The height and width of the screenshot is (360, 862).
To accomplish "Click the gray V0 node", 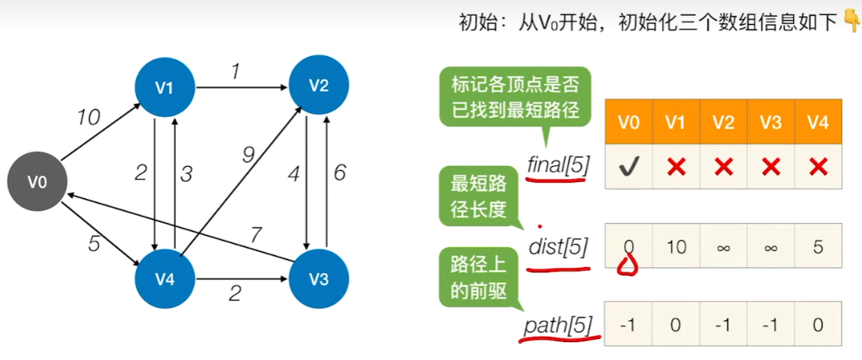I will (37, 182).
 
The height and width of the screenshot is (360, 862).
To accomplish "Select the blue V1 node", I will (165, 87).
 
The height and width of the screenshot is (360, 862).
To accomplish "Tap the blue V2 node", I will (319, 85).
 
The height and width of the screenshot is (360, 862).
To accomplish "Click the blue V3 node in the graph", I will (319, 279).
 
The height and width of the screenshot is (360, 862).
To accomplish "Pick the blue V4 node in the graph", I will (165, 279).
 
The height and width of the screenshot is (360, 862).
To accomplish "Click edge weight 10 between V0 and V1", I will (88, 117).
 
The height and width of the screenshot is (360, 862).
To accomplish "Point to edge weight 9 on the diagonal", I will (248, 154).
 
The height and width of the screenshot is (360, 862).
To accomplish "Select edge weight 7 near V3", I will (255, 236).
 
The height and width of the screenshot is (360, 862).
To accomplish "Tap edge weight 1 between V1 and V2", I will (235, 72).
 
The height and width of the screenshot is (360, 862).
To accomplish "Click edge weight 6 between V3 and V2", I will (340, 173).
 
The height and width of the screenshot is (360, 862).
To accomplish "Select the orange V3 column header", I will (771, 121).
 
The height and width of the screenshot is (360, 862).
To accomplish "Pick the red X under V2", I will (723, 167).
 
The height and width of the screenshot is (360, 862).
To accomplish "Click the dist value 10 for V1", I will (676, 246).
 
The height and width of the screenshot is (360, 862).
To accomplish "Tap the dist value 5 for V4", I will (818, 246).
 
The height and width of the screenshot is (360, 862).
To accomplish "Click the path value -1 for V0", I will (628, 324).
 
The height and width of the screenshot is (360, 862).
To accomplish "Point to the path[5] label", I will (557, 326).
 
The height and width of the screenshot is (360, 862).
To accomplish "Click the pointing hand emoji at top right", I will (851, 21).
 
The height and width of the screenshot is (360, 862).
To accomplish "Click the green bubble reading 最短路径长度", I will (478, 197).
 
